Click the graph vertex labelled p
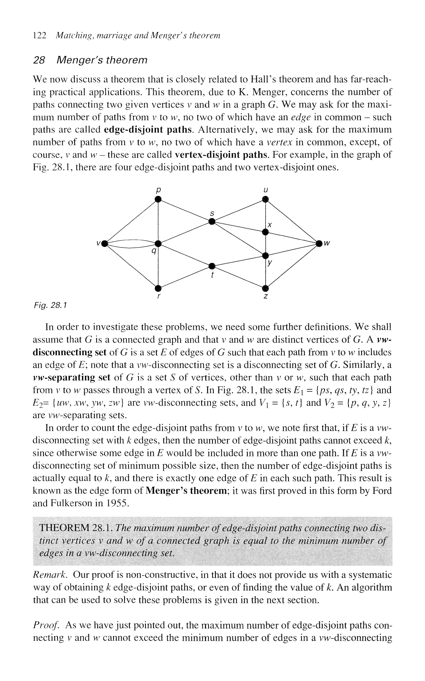coord(158,199)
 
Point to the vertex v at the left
coord(105,243)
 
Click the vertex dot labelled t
coord(212,266)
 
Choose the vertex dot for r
coord(158,288)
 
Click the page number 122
coord(39,35)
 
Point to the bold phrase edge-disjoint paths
coord(149,130)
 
